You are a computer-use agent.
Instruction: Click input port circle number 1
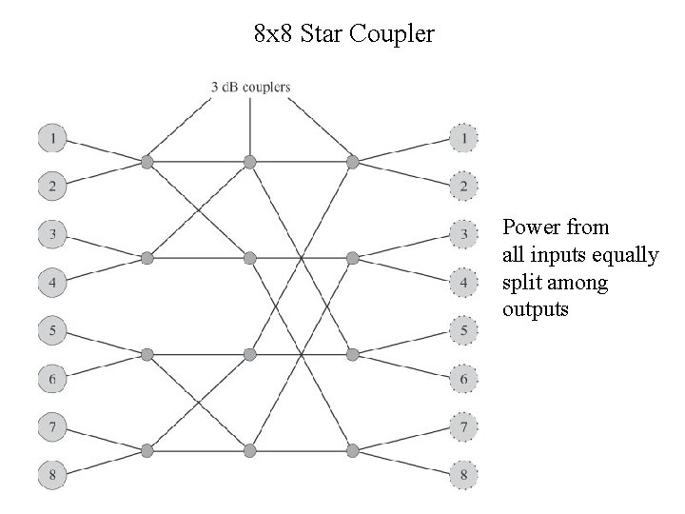pyautogui.click(x=52, y=139)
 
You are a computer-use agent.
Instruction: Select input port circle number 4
pyautogui.click(x=52, y=283)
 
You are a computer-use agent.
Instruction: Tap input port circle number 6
pyautogui.click(x=52, y=380)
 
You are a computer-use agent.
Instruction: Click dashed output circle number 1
pyautogui.click(x=463, y=139)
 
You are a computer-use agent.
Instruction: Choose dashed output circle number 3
pyautogui.click(x=463, y=234)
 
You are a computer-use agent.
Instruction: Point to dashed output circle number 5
pyautogui.click(x=463, y=331)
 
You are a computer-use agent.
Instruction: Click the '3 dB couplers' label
pyautogui.click(x=250, y=87)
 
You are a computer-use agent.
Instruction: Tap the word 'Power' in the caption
pyautogui.click(x=531, y=227)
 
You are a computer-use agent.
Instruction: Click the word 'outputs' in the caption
pyautogui.click(x=536, y=309)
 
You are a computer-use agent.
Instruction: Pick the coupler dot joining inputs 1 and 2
pyautogui.click(x=147, y=162)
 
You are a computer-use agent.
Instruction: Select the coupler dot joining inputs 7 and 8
pyautogui.click(x=147, y=449)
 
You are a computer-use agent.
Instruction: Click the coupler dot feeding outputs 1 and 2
pyautogui.click(x=352, y=162)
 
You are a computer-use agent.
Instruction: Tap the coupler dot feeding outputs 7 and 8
pyautogui.click(x=352, y=449)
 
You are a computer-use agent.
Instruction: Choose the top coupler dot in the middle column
pyautogui.click(x=249, y=162)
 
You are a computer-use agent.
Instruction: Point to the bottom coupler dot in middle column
pyautogui.click(x=249, y=449)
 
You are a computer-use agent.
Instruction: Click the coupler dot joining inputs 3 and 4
pyautogui.click(x=147, y=258)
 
